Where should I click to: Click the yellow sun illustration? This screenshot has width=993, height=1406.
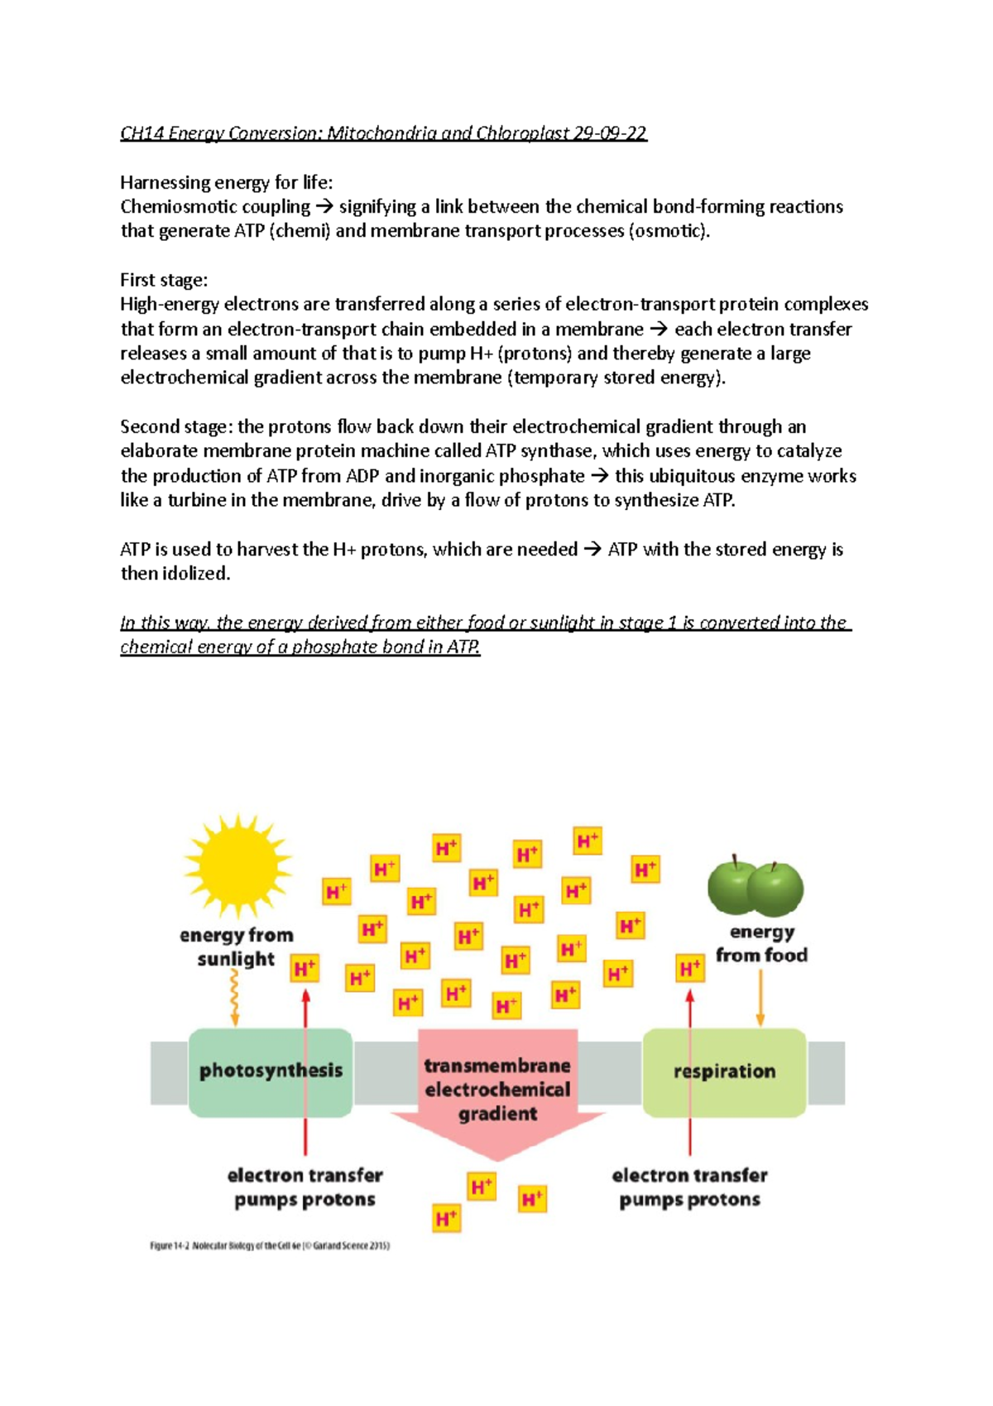point(237,865)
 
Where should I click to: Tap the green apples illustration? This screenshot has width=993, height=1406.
point(756,886)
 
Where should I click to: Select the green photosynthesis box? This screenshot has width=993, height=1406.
point(271,1071)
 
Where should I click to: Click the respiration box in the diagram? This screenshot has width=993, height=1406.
point(724,1071)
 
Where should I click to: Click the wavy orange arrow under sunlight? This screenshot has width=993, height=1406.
point(234,998)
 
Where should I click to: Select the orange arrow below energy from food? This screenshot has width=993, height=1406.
point(760,998)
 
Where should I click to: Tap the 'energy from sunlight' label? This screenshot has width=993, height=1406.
point(237,946)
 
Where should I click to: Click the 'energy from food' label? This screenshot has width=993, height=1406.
point(761,944)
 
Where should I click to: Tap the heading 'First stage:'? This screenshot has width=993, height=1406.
point(164,280)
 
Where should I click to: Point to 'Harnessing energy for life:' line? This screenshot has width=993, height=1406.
point(226,182)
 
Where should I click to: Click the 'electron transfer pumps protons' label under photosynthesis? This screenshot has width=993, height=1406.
point(305,1187)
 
